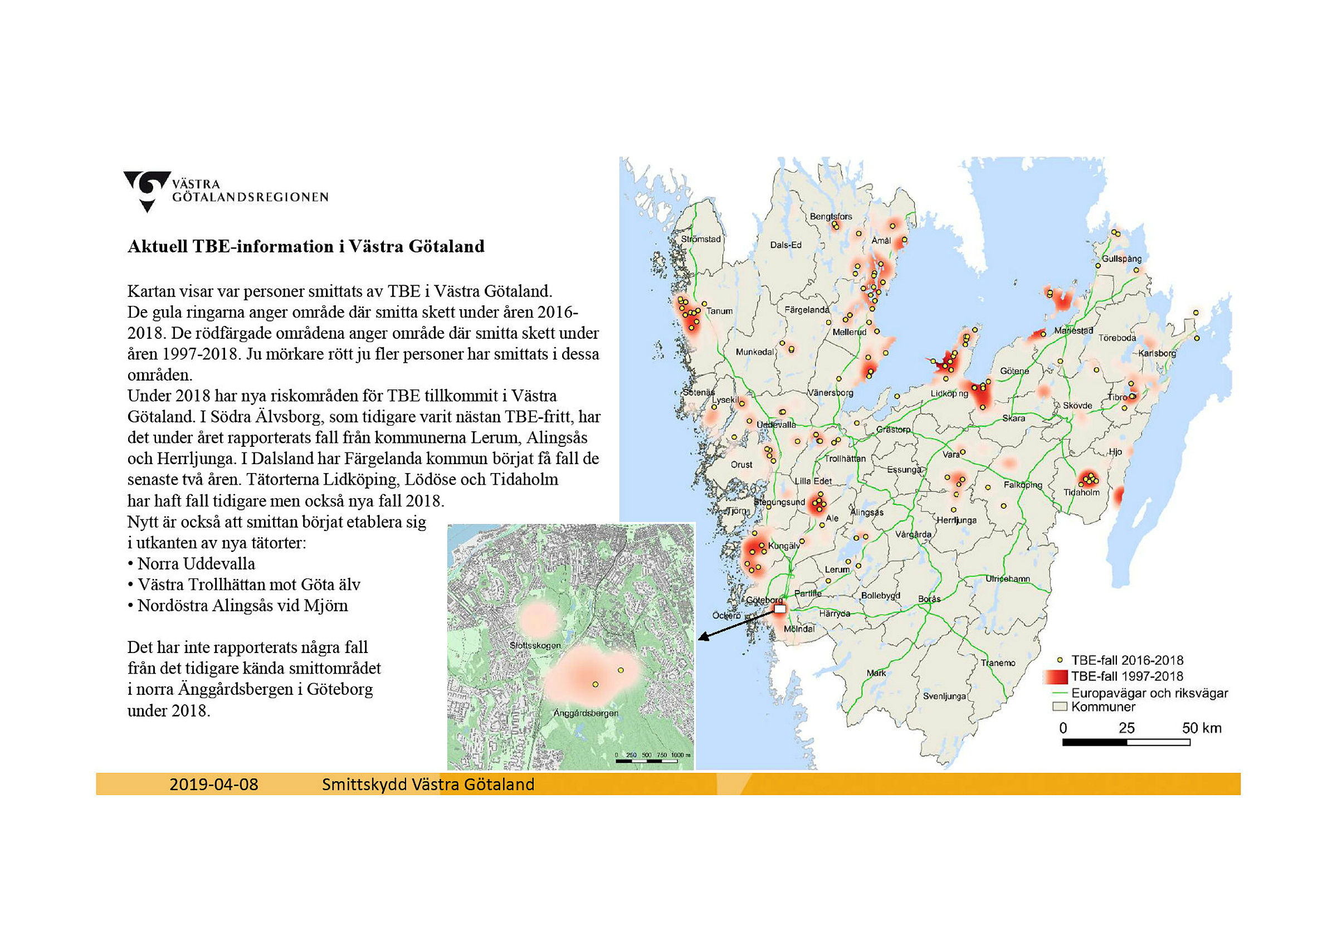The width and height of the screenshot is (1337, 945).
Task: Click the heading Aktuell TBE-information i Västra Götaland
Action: coord(306,246)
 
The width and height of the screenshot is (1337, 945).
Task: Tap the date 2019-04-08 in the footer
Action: coord(214,785)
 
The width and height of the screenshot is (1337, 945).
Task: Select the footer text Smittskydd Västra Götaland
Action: coord(428,785)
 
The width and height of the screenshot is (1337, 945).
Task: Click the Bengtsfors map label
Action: coord(831,217)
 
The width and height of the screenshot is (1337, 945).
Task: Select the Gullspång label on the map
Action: coord(1121,259)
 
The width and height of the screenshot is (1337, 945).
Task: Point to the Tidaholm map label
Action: coord(1081,492)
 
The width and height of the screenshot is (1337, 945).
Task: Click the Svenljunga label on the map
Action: coord(944,696)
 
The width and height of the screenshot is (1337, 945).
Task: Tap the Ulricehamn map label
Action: coord(1007,579)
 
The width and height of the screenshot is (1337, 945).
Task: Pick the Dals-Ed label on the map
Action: coord(785,245)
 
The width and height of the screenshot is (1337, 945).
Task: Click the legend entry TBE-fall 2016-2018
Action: coord(1127,660)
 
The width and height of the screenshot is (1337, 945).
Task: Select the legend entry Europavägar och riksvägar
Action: coord(1149,693)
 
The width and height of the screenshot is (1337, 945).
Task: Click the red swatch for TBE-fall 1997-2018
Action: coord(1055,676)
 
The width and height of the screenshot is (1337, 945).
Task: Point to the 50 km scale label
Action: coord(1201,728)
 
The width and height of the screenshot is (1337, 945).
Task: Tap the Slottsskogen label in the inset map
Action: coord(535,645)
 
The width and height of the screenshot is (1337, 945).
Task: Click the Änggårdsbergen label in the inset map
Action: coord(586,713)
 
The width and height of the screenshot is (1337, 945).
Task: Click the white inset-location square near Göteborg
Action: coord(780,609)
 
